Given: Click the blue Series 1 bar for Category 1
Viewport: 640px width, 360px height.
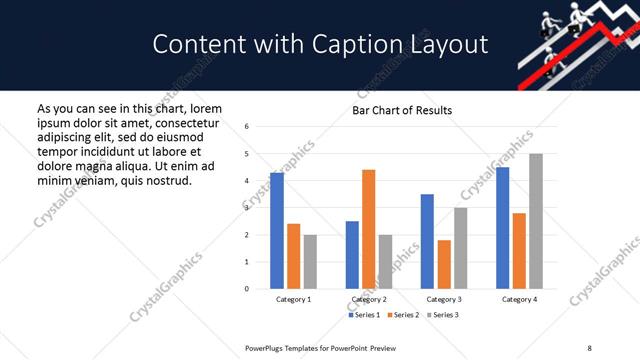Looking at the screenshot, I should coord(277,231).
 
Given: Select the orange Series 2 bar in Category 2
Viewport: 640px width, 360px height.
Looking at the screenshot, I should coord(368,229).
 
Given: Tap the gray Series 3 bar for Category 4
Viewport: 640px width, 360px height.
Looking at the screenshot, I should coord(535,221).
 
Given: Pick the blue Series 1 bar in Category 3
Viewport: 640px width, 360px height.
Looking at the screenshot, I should coord(427,241).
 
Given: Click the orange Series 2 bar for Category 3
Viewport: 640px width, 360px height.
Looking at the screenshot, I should coord(444,264).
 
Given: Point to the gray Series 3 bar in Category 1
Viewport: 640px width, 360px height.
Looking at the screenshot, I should coord(310,262).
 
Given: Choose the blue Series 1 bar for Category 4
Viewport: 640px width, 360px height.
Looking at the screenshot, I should coord(502,228).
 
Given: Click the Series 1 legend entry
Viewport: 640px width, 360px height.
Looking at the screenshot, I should coord(362,315).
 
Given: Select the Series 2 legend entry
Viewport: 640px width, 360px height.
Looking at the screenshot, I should coord(402,315).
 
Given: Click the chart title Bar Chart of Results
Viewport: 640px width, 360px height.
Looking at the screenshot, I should coord(402,110).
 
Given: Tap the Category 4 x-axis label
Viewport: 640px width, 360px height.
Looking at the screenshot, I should coord(518,299).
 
